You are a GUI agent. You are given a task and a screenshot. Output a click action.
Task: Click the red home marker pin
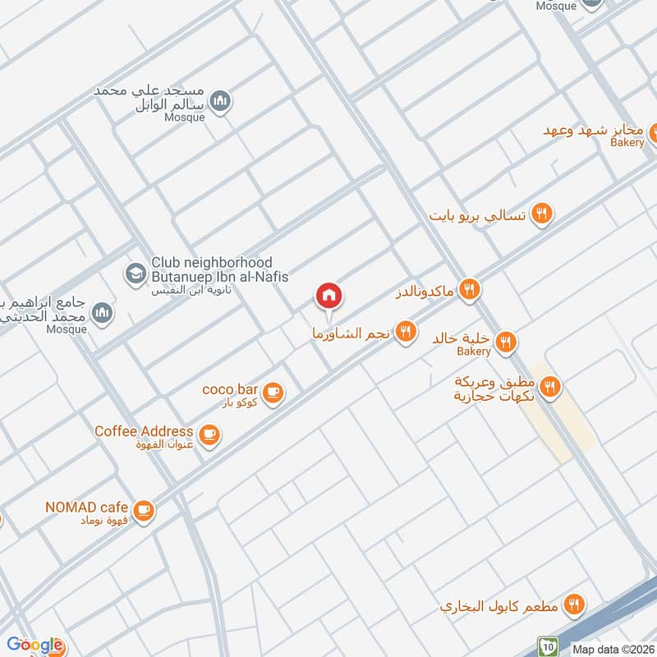329,296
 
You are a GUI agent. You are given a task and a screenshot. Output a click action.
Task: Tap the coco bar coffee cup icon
274,393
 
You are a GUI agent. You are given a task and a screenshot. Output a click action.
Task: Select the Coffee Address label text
144,431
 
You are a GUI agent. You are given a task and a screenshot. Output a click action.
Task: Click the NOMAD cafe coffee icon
144,510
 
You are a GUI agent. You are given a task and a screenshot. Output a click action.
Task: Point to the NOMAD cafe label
85,507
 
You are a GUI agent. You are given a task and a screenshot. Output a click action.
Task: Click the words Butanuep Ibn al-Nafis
219,277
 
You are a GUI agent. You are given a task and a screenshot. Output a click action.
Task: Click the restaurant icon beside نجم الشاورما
405,332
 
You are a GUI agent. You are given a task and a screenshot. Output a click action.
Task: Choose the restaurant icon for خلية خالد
507,340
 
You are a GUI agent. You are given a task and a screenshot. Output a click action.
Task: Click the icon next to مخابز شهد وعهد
655,131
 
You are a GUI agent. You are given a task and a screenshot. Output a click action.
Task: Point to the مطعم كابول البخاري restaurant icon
575,604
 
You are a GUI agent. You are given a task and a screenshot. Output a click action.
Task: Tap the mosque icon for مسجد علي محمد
219,102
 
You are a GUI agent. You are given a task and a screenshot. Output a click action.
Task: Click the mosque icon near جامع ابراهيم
102,311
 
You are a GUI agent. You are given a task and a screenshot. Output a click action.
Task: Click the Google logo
34,646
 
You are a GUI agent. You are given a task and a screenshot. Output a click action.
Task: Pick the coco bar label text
231,389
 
